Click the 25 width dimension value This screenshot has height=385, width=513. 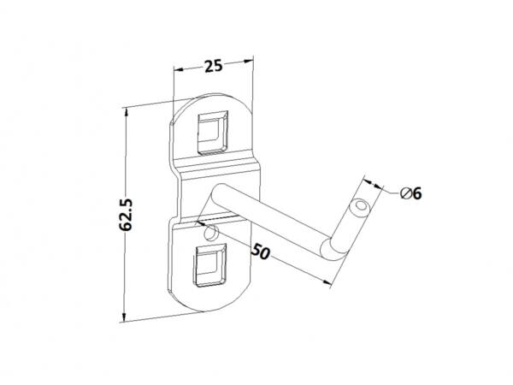coord(213,66)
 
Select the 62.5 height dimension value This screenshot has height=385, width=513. coord(126,215)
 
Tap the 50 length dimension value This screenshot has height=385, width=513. coord(261,252)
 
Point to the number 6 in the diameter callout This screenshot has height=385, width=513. coord(417,194)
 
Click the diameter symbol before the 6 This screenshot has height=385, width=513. coord(405,194)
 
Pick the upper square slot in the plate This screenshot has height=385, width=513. coord(213,133)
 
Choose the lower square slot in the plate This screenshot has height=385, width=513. coord(210,265)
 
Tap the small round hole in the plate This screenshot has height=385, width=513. coord(210,233)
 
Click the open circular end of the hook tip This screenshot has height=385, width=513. coord(361,206)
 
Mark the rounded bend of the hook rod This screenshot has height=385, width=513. coord(330,250)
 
